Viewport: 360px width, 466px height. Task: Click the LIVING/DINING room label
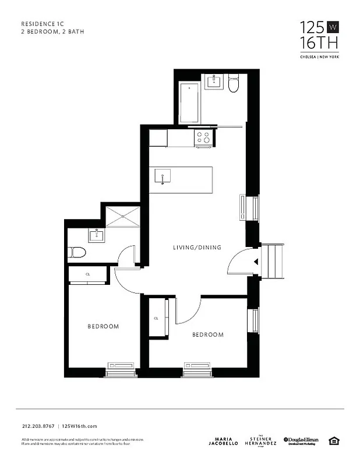pos(197,248)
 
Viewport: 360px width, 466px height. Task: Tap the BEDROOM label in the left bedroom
pos(103,326)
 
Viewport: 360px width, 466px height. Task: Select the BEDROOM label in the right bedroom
pos(208,334)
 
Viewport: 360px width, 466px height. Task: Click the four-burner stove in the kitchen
pos(203,137)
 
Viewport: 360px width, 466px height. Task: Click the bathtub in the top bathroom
pos(189,103)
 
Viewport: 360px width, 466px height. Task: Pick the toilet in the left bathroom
pos(77,252)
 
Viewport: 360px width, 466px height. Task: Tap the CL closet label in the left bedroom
pos(88,274)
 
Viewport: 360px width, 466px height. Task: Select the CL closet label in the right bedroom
pos(156,319)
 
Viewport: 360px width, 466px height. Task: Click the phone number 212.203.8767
pos(38,426)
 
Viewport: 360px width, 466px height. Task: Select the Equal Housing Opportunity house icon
pos(334,440)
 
